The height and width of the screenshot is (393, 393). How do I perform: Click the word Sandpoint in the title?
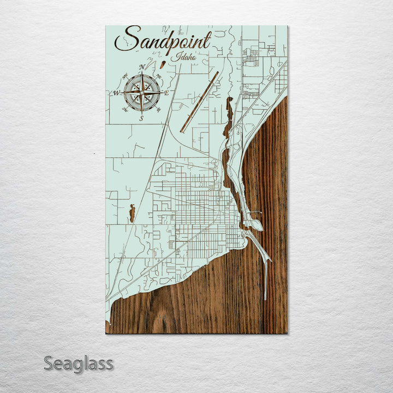(162, 40)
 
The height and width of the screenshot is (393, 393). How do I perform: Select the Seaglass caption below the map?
(79, 363)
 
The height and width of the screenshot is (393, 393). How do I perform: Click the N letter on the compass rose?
(142, 67)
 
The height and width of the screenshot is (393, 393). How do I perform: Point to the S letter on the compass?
(141, 118)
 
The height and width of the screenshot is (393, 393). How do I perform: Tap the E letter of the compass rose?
(166, 93)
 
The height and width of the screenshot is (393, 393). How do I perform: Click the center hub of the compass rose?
(141, 93)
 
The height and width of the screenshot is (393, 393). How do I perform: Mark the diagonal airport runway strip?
(199, 102)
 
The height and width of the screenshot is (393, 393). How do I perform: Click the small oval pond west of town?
(132, 213)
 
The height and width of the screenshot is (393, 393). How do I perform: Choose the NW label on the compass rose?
(126, 77)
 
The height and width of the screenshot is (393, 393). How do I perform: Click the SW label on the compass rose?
(126, 109)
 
